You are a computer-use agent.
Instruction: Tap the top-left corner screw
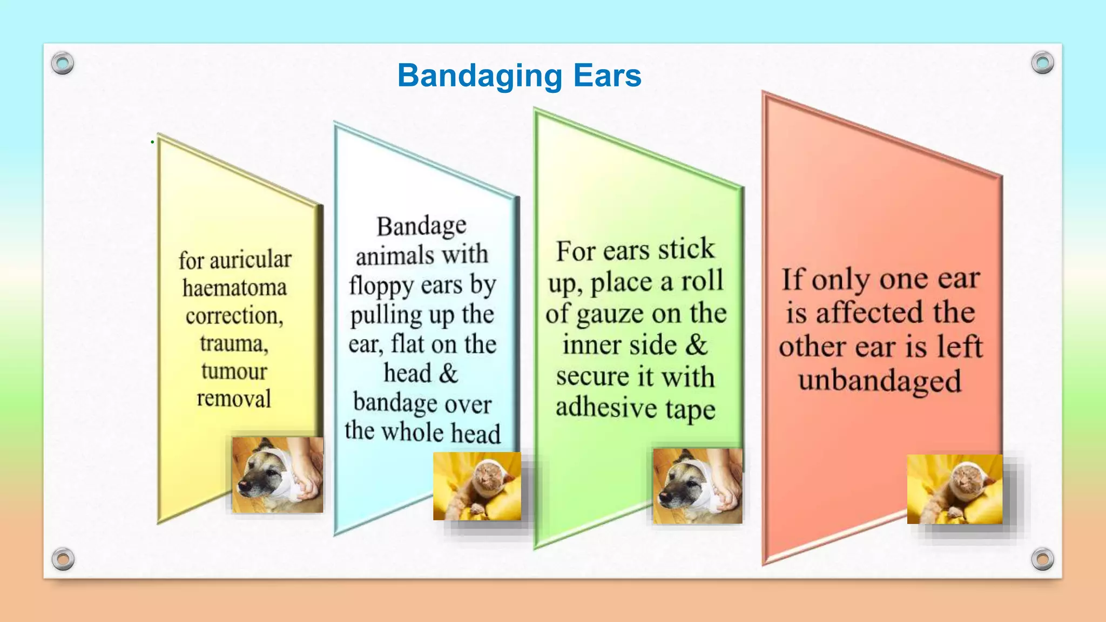[x=63, y=64]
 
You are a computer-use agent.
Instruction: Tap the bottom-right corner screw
[x=1042, y=559]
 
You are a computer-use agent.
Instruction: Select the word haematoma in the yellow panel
[x=234, y=288]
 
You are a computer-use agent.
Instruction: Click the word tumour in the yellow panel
[x=234, y=371]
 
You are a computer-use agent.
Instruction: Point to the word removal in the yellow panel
[x=234, y=399]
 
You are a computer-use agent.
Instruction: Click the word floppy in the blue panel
[x=382, y=285]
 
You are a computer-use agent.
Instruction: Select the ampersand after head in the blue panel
[x=448, y=374]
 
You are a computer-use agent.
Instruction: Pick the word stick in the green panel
[x=686, y=250]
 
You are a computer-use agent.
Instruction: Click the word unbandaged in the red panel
[x=880, y=381]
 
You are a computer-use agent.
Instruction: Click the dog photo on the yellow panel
[x=278, y=475]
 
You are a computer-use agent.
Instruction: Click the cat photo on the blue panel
[x=477, y=486]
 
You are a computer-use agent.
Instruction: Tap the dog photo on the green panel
[x=697, y=486]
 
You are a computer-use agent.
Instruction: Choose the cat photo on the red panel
[x=954, y=489]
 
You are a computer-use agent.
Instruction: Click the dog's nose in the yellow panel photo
[x=244, y=485]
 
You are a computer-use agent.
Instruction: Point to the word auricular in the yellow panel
[x=251, y=260]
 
